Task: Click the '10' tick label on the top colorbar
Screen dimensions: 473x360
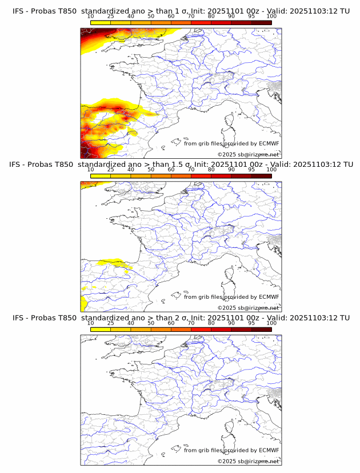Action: click(90, 16)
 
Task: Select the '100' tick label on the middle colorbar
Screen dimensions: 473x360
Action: click(271, 170)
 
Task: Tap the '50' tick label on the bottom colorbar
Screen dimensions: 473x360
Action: click(151, 323)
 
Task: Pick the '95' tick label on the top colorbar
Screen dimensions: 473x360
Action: click(251, 16)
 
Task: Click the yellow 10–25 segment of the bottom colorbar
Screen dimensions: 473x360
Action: click(101, 329)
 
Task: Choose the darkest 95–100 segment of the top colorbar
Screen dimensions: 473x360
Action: click(261, 22)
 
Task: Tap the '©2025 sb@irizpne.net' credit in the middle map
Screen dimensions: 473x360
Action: click(248, 307)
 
